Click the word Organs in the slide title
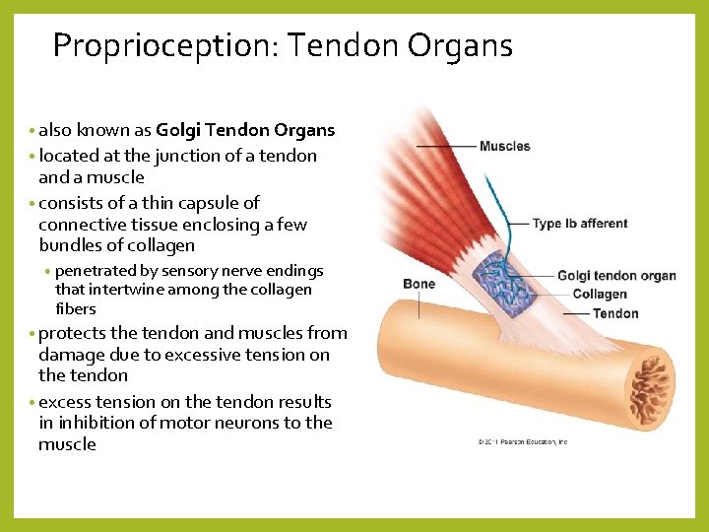pyautogui.click(x=459, y=45)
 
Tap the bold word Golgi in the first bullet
pyautogui.click(x=178, y=130)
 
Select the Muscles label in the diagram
pyautogui.click(x=504, y=147)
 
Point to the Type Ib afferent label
pyautogui.click(x=579, y=224)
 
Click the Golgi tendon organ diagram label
pyautogui.click(x=615, y=276)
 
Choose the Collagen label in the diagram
pyautogui.click(x=599, y=294)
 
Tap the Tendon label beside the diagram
pyautogui.click(x=615, y=313)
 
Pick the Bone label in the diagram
pyautogui.click(x=419, y=285)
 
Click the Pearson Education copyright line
pyautogui.click(x=522, y=442)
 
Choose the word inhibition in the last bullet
pyautogui.click(x=98, y=423)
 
